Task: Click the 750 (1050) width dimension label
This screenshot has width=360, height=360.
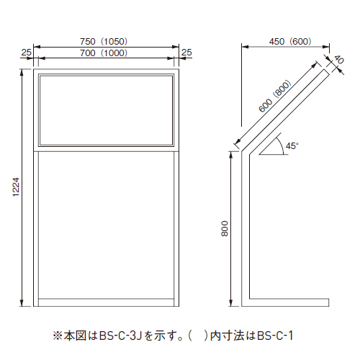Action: click(x=104, y=42)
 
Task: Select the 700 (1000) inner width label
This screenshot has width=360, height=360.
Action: click(x=104, y=53)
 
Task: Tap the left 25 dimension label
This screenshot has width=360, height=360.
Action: click(x=26, y=53)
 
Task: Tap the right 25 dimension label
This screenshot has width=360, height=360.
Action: click(x=186, y=53)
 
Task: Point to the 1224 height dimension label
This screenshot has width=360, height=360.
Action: click(x=16, y=187)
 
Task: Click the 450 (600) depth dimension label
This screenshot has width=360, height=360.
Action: click(x=290, y=42)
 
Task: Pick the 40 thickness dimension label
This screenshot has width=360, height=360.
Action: click(x=339, y=60)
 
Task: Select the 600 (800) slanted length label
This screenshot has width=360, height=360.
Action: click(x=275, y=96)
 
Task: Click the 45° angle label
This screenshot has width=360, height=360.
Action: click(x=292, y=145)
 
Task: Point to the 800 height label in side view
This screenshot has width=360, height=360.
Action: click(x=225, y=229)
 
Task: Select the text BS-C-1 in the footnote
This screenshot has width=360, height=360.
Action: click(x=275, y=336)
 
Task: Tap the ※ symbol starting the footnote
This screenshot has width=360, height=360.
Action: click(x=58, y=336)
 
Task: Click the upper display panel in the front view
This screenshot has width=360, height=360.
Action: click(x=106, y=111)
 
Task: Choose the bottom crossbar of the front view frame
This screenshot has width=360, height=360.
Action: click(x=106, y=302)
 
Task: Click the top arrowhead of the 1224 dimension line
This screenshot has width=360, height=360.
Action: click(x=22, y=72)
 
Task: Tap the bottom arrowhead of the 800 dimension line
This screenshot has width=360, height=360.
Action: click(x=231, y=303)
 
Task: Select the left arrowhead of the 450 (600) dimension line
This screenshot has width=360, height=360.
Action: click(x=245, y=47)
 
